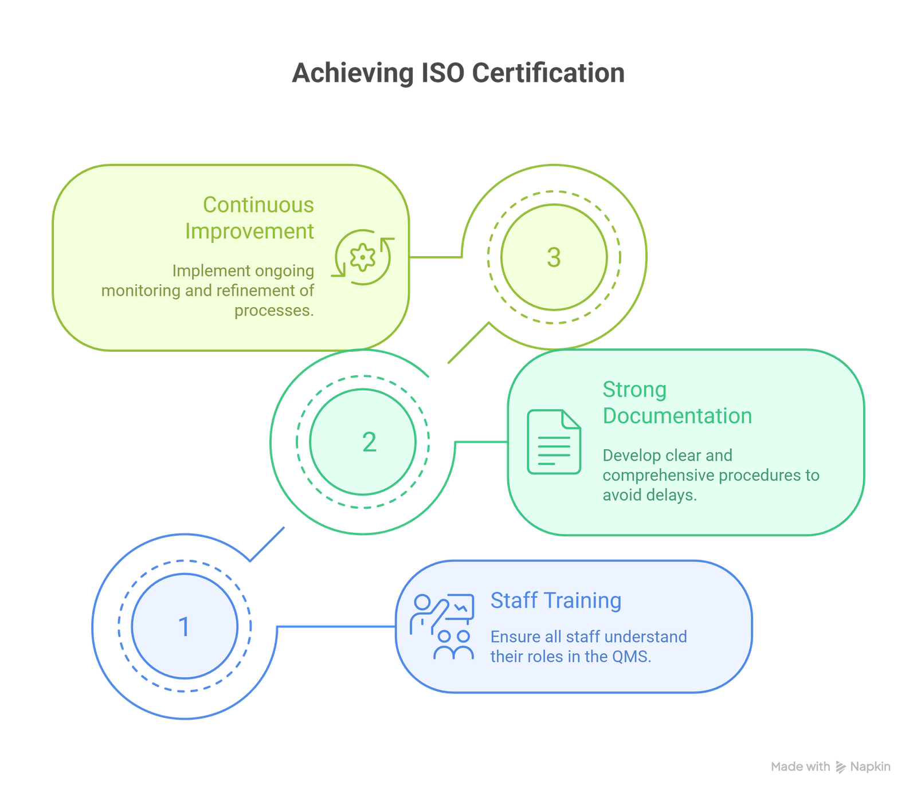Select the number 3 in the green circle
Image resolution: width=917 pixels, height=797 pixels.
tap(554, 257)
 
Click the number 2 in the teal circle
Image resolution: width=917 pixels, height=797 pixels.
tap(369, 442)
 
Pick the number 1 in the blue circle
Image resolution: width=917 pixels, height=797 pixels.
tap(184, 626)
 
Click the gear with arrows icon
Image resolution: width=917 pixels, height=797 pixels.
tap(363, 257)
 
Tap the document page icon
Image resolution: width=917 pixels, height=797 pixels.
tap(554, 442)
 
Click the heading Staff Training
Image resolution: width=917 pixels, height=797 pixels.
tap(555, 600)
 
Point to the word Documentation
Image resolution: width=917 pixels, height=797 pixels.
tap(677, 416)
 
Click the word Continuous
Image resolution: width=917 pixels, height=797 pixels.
tap(258, 205)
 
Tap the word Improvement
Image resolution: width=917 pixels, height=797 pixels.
tap(249, 231)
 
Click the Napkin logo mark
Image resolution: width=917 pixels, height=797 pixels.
tap(840, 767)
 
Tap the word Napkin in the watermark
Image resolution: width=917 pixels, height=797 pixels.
tap(870, 767)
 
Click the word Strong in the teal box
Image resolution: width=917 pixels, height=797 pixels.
tap(634, 390)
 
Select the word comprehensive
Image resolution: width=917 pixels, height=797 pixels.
tap(658, 476)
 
